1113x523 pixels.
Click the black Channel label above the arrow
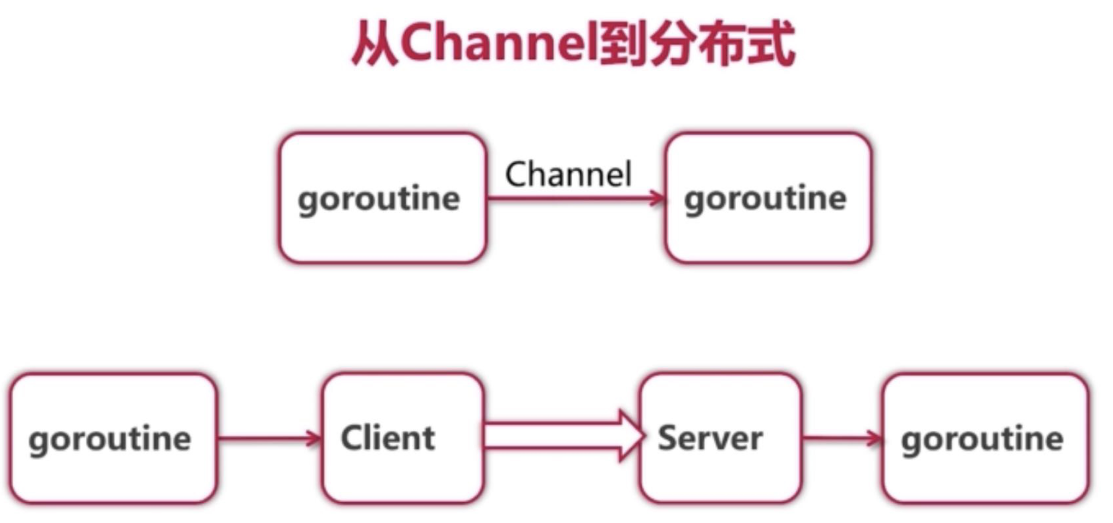click(x=568, y=174)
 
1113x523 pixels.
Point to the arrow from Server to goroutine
click(x=841, y=439)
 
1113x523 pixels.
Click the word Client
click(x=388, y=438)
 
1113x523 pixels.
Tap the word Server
click(x=711, y=438)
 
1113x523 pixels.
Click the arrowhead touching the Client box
click(x=313, y=439)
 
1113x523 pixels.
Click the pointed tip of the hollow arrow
click(x=642, y=436)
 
